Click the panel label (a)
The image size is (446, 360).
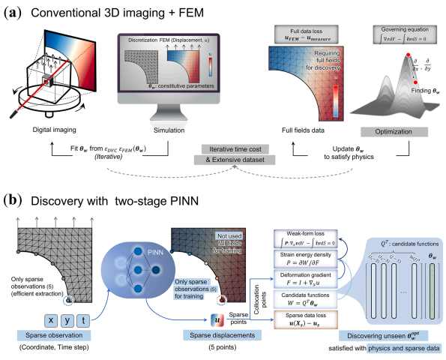click(x=15, y=10)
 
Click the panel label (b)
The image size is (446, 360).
click(x=15, y=200)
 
